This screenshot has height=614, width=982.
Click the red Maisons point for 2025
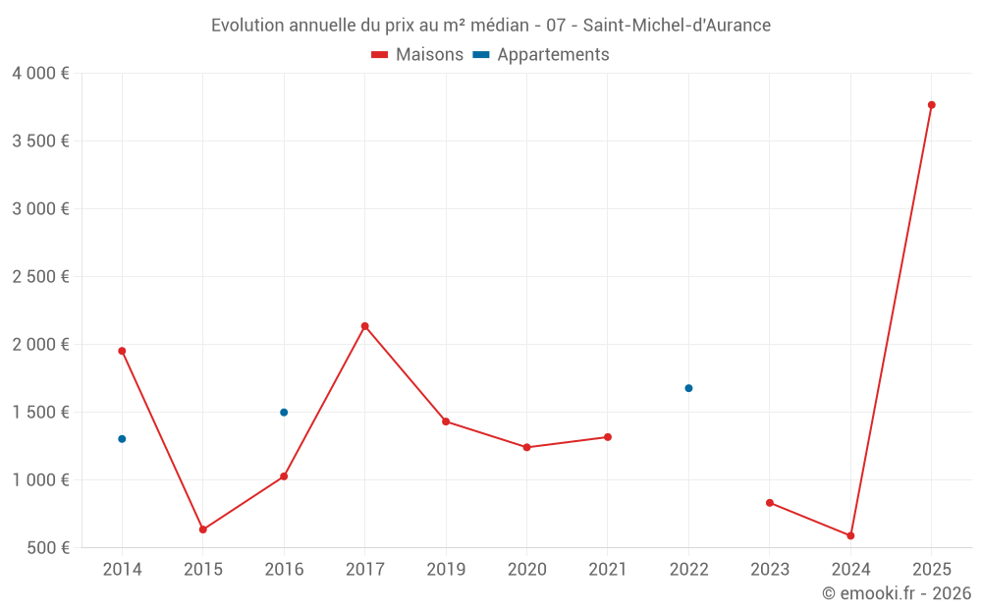coord(931,105)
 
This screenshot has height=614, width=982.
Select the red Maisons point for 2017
coord(364,326)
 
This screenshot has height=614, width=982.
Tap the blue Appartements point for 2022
coord(688,388)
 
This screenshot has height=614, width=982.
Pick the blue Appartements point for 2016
coord(284,413)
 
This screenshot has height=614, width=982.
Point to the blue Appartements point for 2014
coord(122,439)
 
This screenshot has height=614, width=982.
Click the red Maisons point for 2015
coord(203,530)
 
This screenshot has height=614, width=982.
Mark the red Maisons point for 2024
coord(850,535)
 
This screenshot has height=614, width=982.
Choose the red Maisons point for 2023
coord(770,503)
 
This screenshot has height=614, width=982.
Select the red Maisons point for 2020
coord(526,447)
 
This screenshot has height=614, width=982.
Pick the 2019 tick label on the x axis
coord(446,570)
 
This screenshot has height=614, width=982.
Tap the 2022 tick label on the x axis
coord(688,570)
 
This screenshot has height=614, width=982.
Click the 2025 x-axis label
coord(931,570)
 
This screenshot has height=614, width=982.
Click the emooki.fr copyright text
coord(896,593)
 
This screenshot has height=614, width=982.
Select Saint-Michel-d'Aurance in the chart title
coord(677,25)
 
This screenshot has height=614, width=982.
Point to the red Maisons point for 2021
coord(608,437)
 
